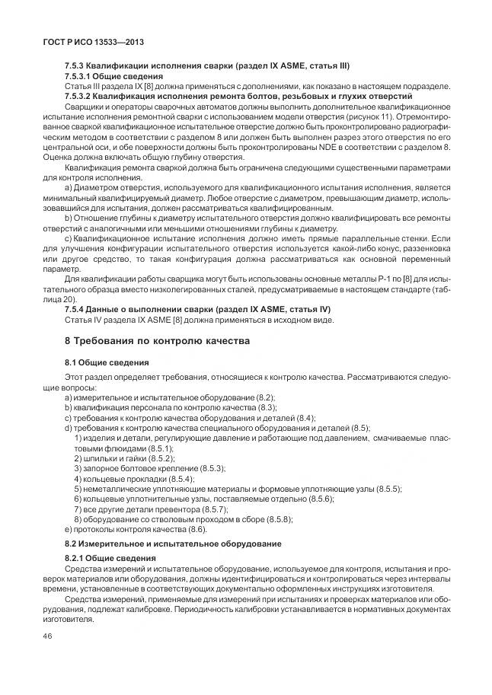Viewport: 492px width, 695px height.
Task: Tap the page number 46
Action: [x=49, y=636]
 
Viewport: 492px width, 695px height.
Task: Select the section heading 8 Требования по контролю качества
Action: [x=157, y=340]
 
